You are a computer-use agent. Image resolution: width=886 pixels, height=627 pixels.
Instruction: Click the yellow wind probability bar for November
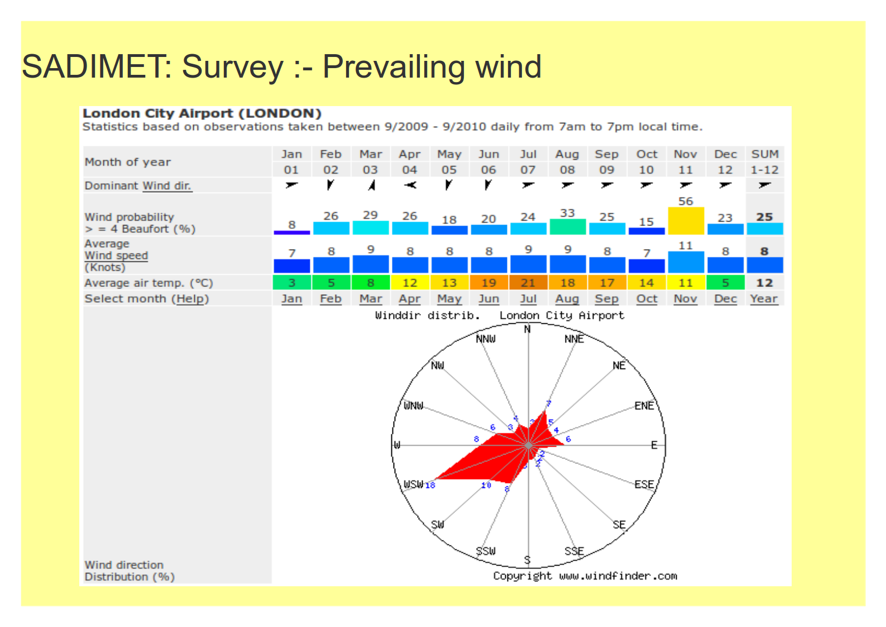click(x=686, y=221)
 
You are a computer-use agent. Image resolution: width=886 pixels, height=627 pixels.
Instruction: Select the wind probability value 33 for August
click(x=567, y=213)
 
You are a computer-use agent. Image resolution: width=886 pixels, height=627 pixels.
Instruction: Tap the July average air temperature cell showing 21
click(x=528, y=283)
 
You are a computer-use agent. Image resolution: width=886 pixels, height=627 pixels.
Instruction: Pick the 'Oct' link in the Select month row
click(x=646, y=299)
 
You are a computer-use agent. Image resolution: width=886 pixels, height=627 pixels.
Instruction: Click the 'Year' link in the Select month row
click(x=764, y=299)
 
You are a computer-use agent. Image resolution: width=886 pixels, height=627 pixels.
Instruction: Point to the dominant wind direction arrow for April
click(x=410, y=185)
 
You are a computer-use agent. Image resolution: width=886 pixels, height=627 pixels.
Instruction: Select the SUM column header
click(x=764, y=154)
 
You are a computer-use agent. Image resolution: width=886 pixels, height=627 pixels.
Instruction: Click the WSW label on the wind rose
click(x=413, y=484)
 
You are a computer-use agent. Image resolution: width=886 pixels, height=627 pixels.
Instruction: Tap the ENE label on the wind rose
click(x=644, y=406)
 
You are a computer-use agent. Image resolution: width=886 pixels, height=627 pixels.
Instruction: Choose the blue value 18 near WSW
click(x=430, y=485)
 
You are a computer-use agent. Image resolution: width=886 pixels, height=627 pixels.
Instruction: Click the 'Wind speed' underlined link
click(x=116, y=255)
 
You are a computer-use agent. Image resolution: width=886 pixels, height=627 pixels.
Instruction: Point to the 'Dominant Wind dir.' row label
click(x=138, y=185)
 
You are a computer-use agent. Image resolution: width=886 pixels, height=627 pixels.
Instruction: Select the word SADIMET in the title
click(x=93, y=66)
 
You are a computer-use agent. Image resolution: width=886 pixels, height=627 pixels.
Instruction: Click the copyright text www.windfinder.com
click(x=618, y=576)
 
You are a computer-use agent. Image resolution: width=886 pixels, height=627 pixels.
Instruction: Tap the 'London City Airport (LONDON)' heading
click(x=202, y=113)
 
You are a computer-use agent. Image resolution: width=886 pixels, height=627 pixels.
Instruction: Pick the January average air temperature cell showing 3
click(x=291, y=283)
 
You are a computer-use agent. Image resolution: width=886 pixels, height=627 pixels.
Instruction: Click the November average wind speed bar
click(x=686, y=262)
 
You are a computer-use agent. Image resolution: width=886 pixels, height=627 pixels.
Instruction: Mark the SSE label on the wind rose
click(x=574, y=551)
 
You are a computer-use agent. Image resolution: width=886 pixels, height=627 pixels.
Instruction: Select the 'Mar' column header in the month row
click(x=371, y=154)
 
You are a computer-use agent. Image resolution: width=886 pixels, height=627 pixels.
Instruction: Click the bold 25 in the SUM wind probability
click(x=764, y=217)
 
